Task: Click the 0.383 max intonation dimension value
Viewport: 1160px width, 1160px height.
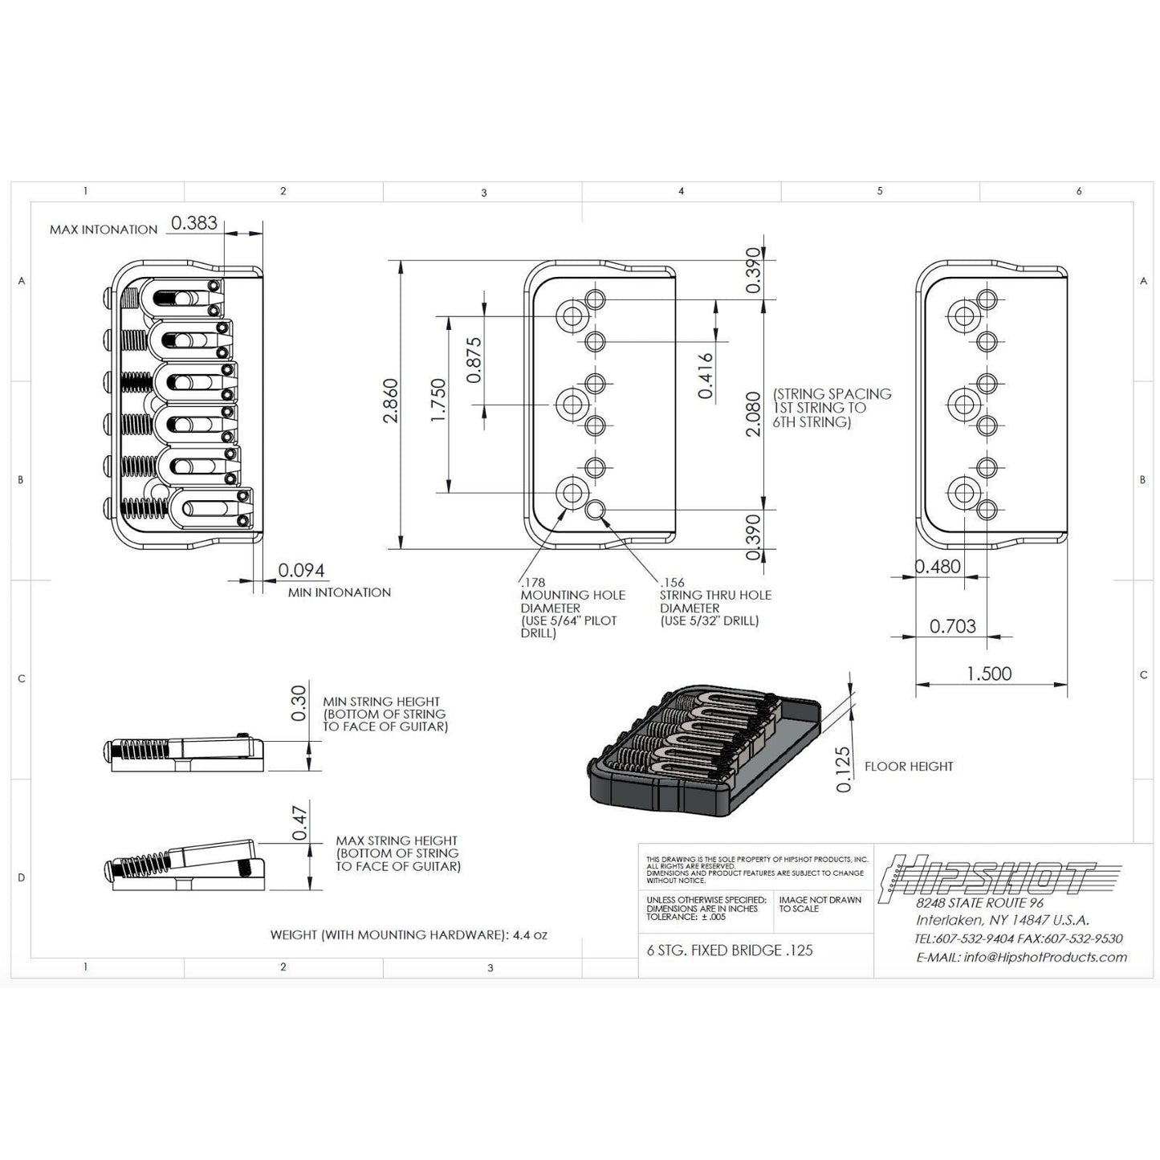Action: tap(195, 223)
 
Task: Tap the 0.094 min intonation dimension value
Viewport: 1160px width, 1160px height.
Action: tap(301, 570)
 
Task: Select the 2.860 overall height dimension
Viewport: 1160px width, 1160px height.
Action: tap(389, 401)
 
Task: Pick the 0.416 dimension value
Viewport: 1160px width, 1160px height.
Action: tap(706, 376)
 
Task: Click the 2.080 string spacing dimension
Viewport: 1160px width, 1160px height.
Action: tap(753, 413)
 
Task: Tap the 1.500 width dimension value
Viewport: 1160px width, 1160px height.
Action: tap(989, 674)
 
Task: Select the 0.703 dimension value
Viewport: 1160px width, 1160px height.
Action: tap(953, 626)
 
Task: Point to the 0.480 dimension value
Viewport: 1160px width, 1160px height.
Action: tap(938, 567)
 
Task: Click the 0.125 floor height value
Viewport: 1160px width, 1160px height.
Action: tap(844, 769)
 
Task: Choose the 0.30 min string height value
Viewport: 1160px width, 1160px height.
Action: tap(299, 702)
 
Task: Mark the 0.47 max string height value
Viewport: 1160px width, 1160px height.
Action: tap(300, 822)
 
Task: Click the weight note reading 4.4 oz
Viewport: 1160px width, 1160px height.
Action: tap(409, 935)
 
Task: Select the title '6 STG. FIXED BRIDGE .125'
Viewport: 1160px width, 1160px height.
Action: tap(730, 950)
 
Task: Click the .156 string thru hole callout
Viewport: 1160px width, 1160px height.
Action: tap(714, 601)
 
